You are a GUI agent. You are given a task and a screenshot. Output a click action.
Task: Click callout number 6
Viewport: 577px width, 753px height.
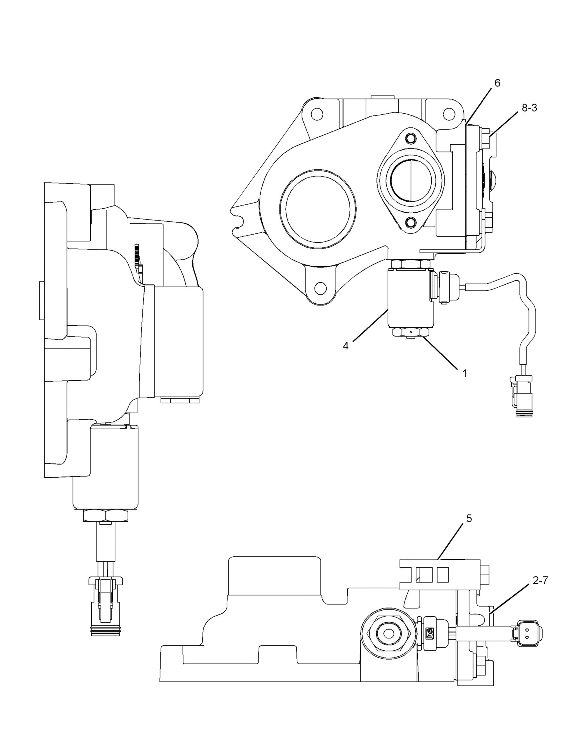pyautogui.click(x=497, y=83)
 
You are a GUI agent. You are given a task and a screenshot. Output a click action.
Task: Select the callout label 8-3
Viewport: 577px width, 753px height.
pyautogui.click(x=529, y=108)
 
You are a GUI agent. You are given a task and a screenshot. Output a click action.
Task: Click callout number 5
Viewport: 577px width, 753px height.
pyautogui.click(x=469, y=518)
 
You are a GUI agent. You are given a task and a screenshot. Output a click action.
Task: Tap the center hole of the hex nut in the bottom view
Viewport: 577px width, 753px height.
pyautogui.click(x=389, y=632)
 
